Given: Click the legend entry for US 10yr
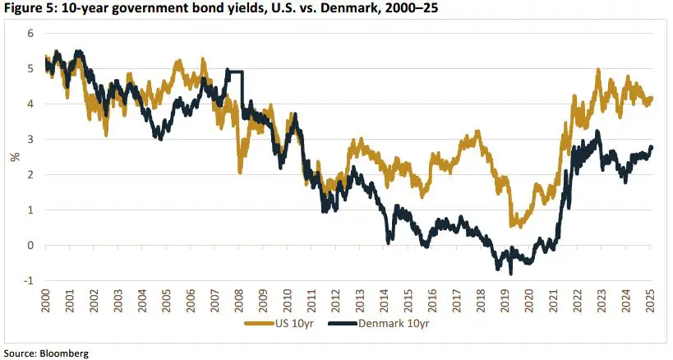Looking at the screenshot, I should coord(280,324).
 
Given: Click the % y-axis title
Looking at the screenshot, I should coord(14,157).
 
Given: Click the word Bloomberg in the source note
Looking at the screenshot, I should coord(64,353).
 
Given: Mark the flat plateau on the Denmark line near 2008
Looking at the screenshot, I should coord(234,73).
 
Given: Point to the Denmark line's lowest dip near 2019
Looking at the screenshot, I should coord(510,272).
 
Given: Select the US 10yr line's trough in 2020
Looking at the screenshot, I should coord(512,225).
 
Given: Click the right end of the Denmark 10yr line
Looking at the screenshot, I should coord(652,147).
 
